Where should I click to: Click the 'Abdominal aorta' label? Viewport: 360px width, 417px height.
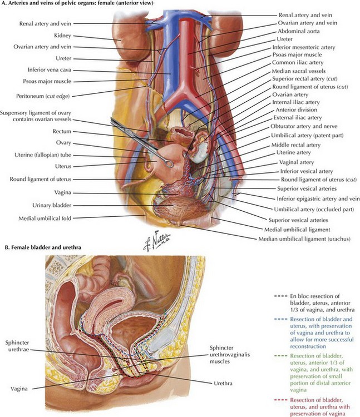[x=299, y=31]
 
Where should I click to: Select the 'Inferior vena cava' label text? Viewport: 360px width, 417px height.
[x=50, y=70]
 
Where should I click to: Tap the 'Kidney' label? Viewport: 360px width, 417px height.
[x=62, y=36]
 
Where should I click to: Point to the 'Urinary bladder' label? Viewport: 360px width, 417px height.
[x=52, y=205]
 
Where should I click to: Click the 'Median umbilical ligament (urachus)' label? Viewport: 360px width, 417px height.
[x=304, y=239]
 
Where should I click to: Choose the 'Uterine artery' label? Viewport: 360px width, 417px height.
[x=293, y=153]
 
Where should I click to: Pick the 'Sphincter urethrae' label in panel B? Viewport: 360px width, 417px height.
[x=17, y=346]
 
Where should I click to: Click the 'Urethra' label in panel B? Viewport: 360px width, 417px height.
[x=223, y=384]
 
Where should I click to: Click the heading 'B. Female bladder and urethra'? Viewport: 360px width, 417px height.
[x=43, y=247]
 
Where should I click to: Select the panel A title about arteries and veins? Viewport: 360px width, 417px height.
[x=77, y=3]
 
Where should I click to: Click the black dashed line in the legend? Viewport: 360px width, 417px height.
[x=280, y=296]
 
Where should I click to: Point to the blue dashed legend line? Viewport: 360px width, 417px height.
[x=280, y=319]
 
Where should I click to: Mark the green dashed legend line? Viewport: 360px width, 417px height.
[x=280, y=356]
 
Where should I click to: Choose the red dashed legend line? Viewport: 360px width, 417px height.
[x=280, y=400]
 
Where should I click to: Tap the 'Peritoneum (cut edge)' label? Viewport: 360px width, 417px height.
[x=43, y=96]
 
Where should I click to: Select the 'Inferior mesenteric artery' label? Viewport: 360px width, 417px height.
[x=304, y=47]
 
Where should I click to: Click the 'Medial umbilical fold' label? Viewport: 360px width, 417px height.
[x=45, y=219]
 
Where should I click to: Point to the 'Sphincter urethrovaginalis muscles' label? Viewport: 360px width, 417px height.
[x=230, y=355]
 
